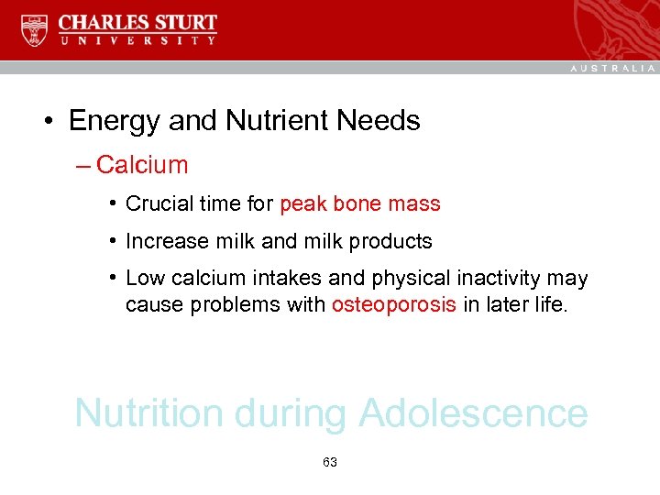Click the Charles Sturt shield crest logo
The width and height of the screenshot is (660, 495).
point(34,30)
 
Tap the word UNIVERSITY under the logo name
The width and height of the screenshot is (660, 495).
point(137,40)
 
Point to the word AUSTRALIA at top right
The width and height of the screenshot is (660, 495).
point(613,68)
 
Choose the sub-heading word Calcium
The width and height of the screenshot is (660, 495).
point(142,166)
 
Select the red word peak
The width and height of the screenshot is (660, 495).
point(302,204)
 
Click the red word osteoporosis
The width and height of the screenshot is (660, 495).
point(394,304)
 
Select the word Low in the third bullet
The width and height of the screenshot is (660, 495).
point(142,278)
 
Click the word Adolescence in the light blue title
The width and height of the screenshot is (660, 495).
point(473,413)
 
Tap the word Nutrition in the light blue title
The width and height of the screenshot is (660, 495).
point(149,413)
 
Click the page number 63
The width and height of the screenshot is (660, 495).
point(330,462)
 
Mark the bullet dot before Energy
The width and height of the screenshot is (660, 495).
point(45,121)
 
